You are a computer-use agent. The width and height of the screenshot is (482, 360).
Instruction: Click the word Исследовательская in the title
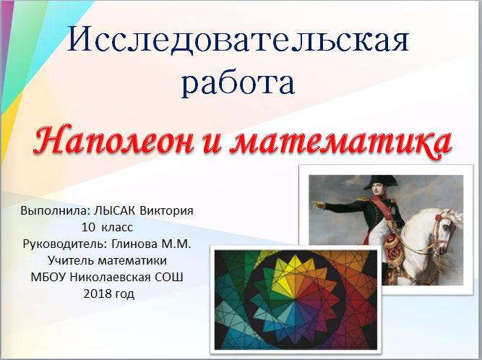238,39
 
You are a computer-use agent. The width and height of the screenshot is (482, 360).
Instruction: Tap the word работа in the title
238,83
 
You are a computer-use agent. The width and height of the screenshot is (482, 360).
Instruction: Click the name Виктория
166,210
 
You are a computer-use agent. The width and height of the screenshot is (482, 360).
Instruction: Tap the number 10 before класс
88,228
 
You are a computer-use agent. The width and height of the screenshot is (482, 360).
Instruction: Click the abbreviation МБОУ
48,277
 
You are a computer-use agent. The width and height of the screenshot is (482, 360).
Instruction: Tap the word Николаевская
110,277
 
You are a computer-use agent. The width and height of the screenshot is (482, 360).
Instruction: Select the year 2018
97,293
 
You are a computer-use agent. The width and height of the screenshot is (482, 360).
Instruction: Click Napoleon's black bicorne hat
381,182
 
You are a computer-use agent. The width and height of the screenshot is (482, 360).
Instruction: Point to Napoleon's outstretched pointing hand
319,205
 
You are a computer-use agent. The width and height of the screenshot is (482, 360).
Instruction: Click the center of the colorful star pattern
296,299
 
